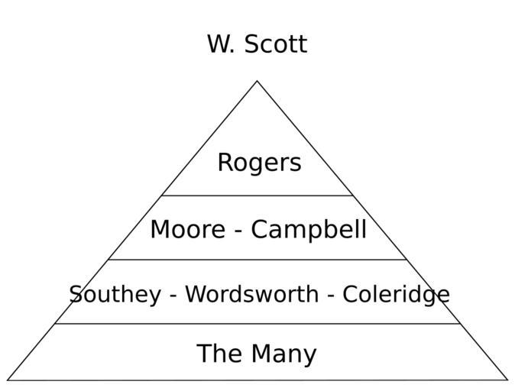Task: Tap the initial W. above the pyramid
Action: pyautogui.click(x=221, y=44)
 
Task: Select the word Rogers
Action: pyautogui.click(x=259, y=163)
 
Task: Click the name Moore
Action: pyautogui.click(x=186, y=229)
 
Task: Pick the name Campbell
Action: pyautogui.click(x=309, y=229)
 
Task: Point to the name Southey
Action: pyautogui.click(x=115, y=294)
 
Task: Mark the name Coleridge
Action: pyautogui.click(x=396, y=294)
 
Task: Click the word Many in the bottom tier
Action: pyautogui.click(x=284, y=354)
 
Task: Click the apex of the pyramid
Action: pyautogui.click(x=257, y=81)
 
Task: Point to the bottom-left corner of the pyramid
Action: pyautogui.click(x=8, y=380)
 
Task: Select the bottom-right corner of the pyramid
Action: pyautogui.click(x=507, y=380)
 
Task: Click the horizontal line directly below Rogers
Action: pyautogui.click(x=257, y=195)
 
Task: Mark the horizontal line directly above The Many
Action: pyautogui.click(x=257, y=324)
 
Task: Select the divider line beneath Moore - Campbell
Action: pyautogui.click(x=257, y=260)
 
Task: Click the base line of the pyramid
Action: pyautogui.click(x=257, y=380)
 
